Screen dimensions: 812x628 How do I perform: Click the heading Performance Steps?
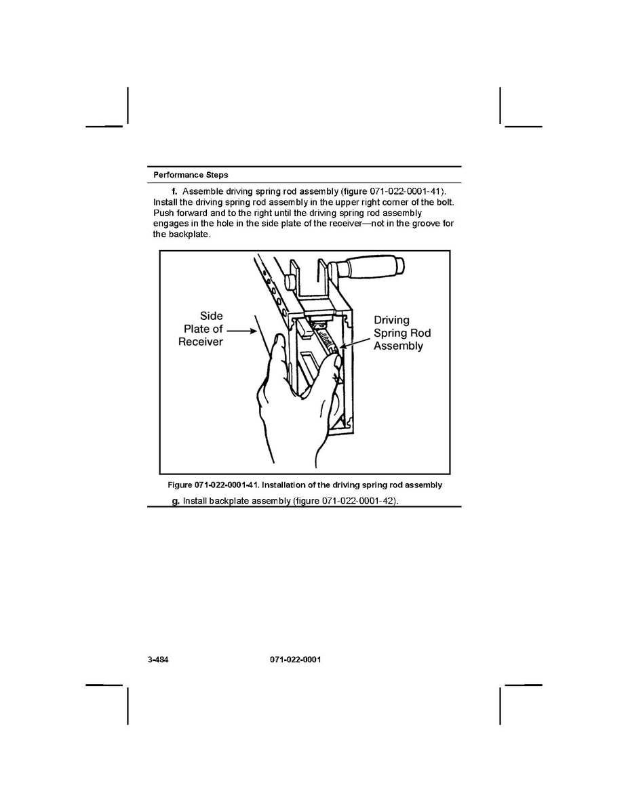coord(191,175)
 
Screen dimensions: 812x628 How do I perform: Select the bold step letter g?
coord(176,501)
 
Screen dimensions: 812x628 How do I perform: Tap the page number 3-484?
coord(158,659)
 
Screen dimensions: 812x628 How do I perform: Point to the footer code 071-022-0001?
coord(290,659)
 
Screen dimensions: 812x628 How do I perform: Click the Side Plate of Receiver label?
coord(201,329)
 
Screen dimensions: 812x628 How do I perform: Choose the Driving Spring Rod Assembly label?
coord(401,333)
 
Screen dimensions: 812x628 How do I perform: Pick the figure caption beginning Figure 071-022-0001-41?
coord(305,485)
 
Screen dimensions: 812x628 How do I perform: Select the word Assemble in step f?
coord(204,192)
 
